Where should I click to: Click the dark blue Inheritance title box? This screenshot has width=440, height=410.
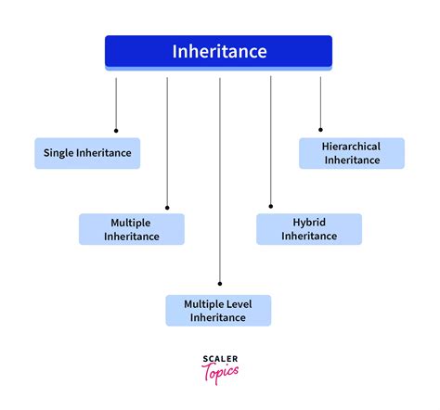coord(218,52)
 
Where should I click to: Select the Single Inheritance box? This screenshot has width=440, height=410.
coord(87,153)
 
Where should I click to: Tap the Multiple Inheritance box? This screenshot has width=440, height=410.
coord(132,229)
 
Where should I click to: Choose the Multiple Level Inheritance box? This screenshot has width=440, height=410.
coord(218,311)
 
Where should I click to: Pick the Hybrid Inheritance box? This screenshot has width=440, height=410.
coord(309,229)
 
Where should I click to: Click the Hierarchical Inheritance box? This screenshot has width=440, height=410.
coord(352,153)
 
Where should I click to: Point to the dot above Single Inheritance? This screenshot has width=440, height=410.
coord(116,130)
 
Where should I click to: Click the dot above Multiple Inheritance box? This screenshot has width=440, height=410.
coord(167,207)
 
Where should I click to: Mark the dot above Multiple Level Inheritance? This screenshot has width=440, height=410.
coord(220,283)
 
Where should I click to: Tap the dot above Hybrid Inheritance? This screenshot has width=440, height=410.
coord(271,207)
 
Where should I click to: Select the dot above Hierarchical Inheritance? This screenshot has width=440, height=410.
coord(320,130)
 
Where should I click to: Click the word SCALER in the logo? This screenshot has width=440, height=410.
coord(219,358)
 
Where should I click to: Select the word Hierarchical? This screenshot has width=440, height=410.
coord(352,147)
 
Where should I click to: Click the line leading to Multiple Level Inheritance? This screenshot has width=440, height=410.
coord(220,176)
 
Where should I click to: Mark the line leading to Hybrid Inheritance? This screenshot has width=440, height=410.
coord(271,139)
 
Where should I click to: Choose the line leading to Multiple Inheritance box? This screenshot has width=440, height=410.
coord(167,139)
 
